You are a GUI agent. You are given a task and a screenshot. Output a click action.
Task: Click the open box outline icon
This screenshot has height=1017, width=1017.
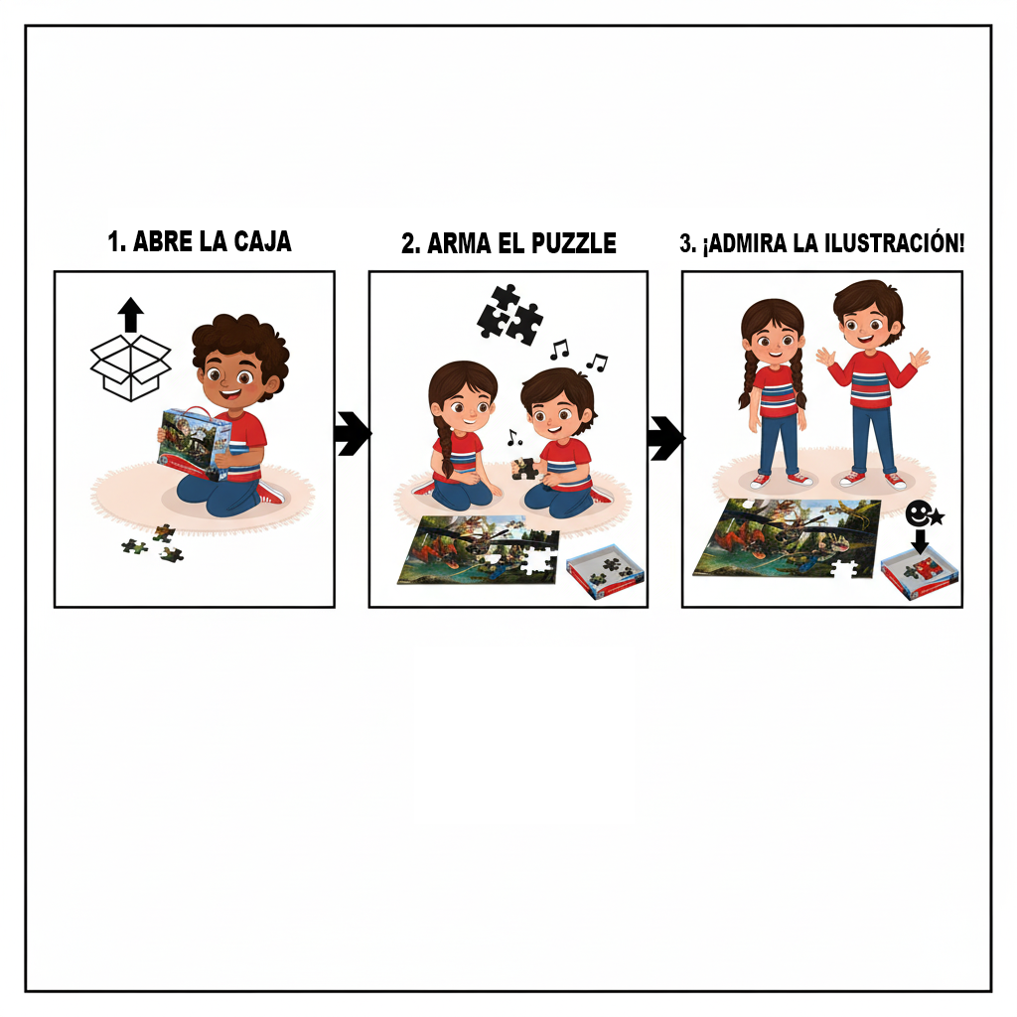130,367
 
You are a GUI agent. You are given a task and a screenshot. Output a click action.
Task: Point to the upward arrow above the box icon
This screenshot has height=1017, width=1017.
130,314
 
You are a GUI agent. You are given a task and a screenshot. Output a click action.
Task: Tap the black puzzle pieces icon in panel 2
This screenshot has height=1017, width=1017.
509,314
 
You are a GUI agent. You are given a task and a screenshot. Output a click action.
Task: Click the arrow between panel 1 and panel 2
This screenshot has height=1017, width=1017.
353,434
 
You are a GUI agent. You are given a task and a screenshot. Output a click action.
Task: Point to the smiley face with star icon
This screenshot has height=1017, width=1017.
924,514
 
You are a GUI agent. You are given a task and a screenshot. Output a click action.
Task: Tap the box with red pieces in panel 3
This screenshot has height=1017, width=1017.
920,574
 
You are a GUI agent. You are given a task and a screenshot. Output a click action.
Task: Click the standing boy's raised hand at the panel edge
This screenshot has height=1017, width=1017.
919,358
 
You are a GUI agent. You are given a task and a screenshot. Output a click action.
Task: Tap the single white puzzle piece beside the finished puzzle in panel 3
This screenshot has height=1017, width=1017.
844,573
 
